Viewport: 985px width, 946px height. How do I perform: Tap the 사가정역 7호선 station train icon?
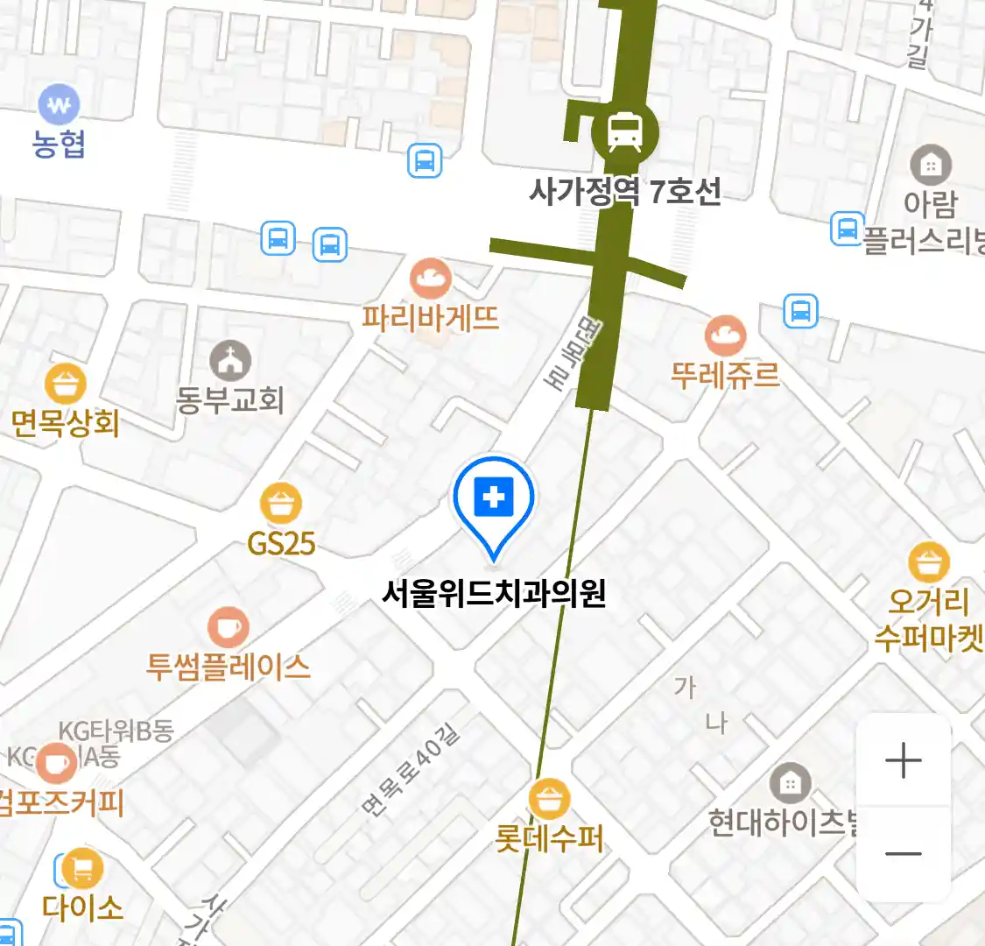(624, 132)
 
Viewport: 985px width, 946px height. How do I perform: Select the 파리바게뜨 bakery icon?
(431, 279)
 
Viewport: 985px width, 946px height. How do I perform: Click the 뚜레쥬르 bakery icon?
(726, 336)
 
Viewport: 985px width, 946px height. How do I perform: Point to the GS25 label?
(281, 544)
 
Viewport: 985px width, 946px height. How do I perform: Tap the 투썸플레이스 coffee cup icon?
(228, 627)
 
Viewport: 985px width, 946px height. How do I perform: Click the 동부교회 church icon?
(230, 360)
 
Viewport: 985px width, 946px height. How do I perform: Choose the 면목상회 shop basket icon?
(66, 384)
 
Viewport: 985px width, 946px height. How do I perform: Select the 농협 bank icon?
(59, 106)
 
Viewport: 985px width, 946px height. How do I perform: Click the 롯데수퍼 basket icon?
(550, 800)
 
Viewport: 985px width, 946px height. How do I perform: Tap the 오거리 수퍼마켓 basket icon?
(928, 563)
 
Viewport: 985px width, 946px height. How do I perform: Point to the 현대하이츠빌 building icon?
(790, 784)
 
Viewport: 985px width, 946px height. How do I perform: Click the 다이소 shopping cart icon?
(81, 869)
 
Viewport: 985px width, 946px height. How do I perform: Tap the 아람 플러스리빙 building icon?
(930, 165)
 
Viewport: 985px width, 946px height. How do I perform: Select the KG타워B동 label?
(116, 731)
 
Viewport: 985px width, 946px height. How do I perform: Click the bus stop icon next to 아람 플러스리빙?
(847, 229)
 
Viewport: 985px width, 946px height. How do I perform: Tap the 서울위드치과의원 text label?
(494, 594)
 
